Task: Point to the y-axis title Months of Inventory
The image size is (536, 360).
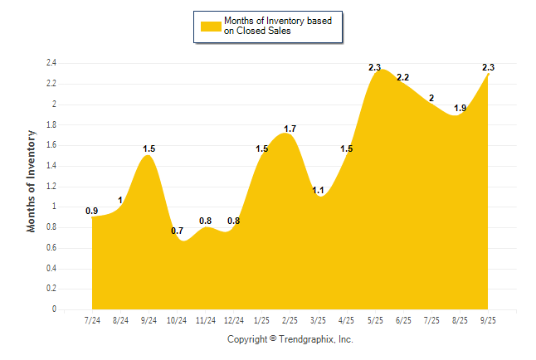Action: pos(32,180)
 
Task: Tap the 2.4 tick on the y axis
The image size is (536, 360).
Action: pos(51,63)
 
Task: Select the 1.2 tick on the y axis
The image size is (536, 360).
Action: pos(51,187)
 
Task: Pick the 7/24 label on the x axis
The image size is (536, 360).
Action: pos(93,320)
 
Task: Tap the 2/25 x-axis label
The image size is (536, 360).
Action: pos(290,320)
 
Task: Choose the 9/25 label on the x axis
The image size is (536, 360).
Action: pos(488,320)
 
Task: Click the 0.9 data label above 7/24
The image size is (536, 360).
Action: pos(92,211)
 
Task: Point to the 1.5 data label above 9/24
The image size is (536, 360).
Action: pos(149,149)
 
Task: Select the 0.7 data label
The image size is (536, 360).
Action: pos(177,231)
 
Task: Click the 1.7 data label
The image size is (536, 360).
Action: pos(290,129)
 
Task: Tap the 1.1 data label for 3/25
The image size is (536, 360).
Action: pos(318,190)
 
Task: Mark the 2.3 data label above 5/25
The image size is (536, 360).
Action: pos(374,67)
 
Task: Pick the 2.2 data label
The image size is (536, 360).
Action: pos(403,77)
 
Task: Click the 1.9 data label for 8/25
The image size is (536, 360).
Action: pos(460,108)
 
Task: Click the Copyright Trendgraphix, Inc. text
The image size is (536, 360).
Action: pos(290,339)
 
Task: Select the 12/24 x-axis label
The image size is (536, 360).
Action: pos(234,320)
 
